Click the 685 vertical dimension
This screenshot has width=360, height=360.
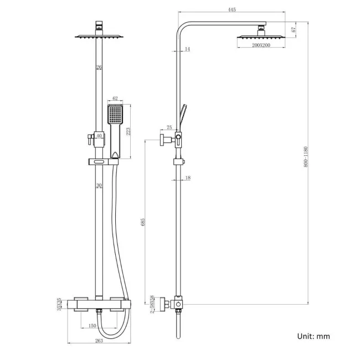pyautogui.click(x=143, y=222)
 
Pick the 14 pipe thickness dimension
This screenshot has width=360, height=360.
pyautogui.click(x=187, y=50)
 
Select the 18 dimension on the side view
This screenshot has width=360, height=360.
pyautogui.click(x=188, y=178)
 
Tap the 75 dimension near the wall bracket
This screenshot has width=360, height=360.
pyautogui.click(x=169, y=127)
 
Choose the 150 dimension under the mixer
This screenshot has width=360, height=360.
pyautogui.click(x=92, y=326)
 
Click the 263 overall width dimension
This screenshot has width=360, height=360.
pyautogui.click(x=99, y=341)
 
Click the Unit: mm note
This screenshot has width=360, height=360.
pyautogui.click(x=313, y=336)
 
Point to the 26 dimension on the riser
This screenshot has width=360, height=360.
pyautogui.click(x=99, y=68)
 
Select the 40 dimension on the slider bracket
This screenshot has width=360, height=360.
pyautogui.click(x=99, y=136)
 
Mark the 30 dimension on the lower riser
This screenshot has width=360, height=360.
pyautogui.click(x=99, y=186)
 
